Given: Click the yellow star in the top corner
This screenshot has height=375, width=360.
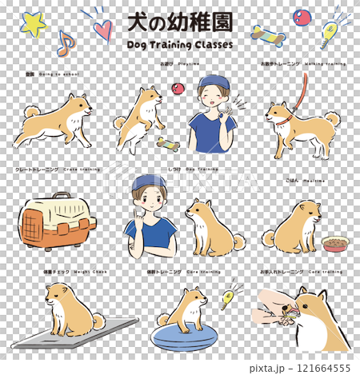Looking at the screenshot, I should coord(34,24).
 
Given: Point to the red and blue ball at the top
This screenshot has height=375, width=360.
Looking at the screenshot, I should coord(302,17).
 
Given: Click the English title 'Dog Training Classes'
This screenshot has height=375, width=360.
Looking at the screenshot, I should coord(180,45).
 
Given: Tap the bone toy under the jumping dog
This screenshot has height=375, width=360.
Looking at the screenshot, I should coord(167,143).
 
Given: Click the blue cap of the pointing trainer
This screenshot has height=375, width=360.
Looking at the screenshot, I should coord(150,182).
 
